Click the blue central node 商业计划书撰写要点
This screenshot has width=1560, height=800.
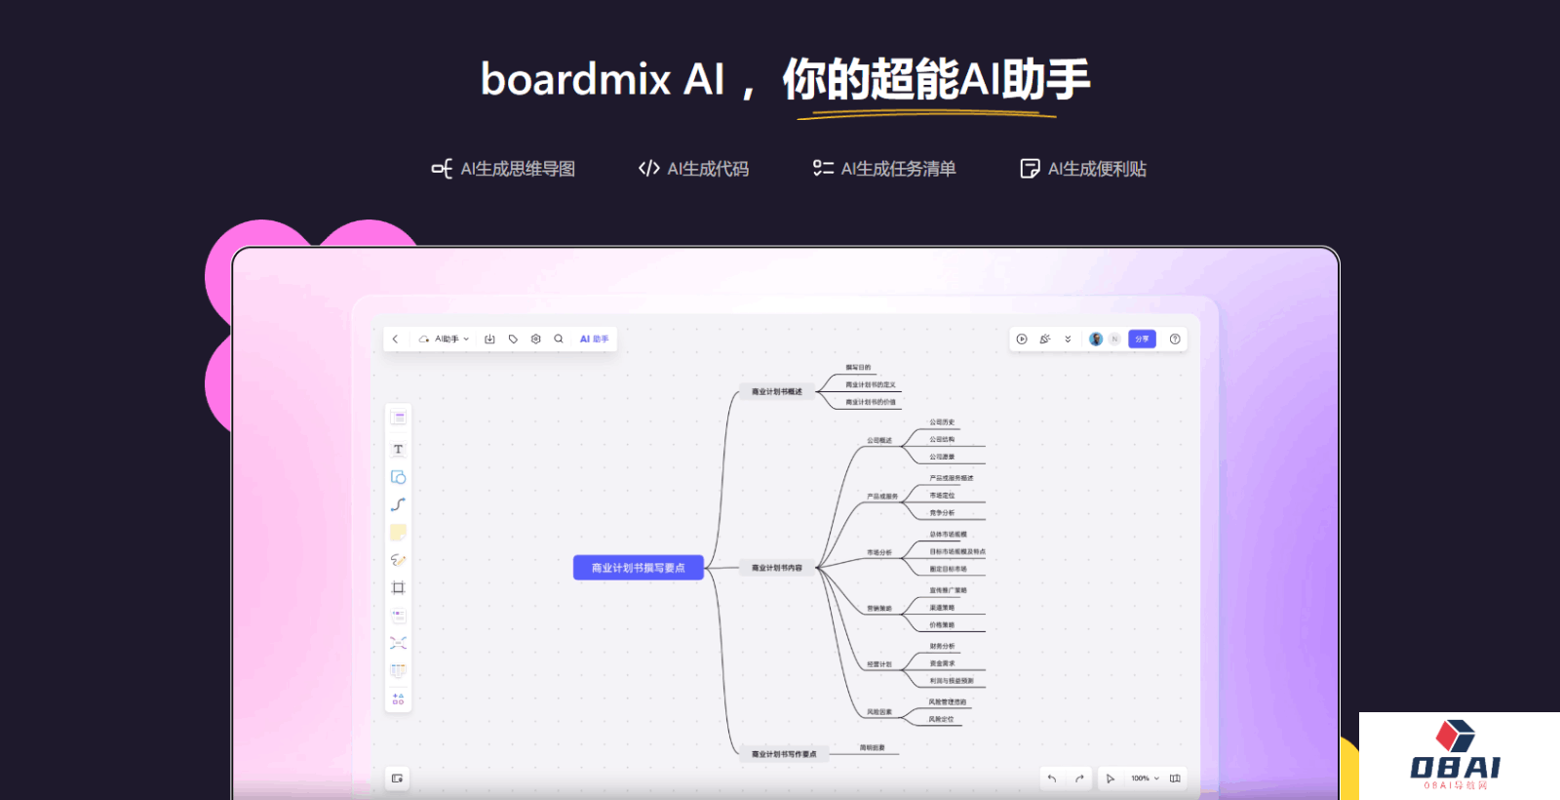638,568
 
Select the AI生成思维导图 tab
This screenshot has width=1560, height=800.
504,169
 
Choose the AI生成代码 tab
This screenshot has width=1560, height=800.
694,169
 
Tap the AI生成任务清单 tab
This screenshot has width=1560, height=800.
884,169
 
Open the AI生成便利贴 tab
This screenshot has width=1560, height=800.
1083,169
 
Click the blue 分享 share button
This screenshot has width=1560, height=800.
1142,340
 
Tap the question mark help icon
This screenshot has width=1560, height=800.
1175,340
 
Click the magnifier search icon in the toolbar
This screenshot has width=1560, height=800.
559,340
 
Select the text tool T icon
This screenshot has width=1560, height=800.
398,450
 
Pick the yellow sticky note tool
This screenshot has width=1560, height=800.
398,533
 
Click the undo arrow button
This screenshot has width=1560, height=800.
1052,779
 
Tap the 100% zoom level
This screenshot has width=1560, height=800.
1140,779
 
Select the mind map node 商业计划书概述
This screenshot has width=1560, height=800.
776,392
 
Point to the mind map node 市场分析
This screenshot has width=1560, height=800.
879,553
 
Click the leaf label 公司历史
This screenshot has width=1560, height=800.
942,422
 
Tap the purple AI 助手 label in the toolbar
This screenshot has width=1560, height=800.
594,340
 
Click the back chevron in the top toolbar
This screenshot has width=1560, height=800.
395,340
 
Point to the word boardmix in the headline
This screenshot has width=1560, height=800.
575,79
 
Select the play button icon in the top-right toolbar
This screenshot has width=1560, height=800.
1022,340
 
